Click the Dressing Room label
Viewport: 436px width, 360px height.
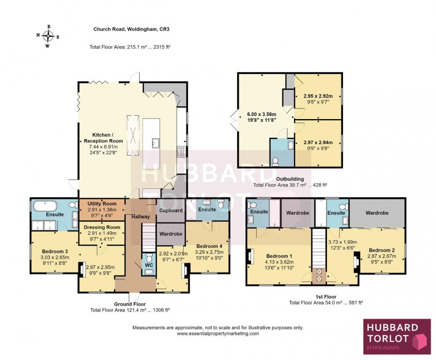point(102,227)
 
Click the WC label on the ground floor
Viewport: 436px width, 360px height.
point(148,265)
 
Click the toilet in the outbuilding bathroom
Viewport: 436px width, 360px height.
point(276,160)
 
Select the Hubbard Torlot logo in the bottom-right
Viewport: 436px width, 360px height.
point(397,336)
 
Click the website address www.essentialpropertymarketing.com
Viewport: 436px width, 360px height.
point(218,333)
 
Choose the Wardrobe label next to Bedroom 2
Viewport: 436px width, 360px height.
point(377,213)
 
